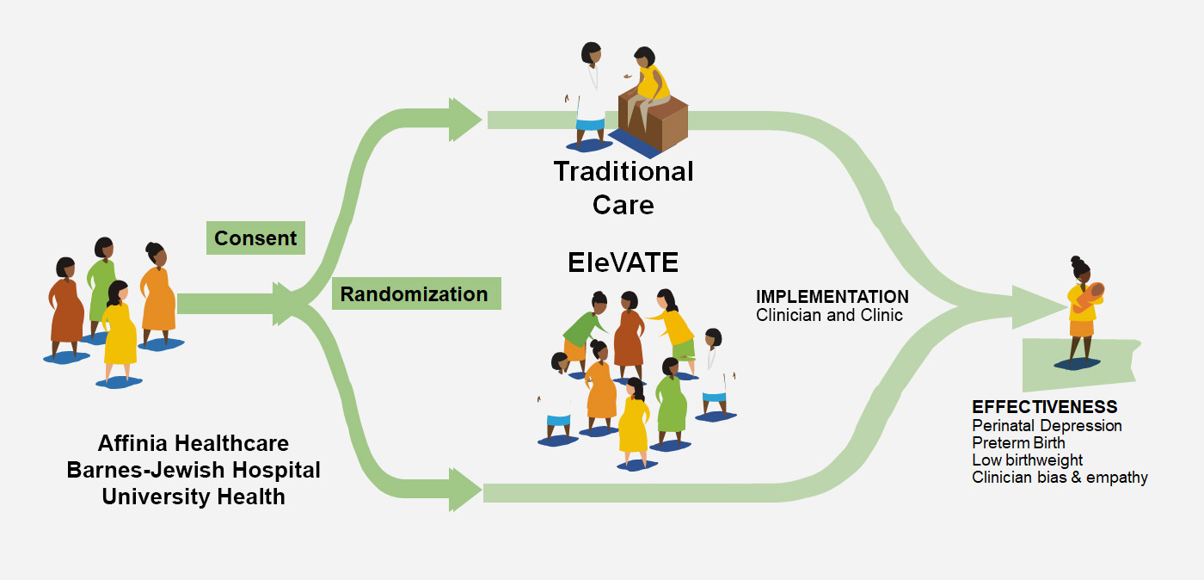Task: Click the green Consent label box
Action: coord(255,238)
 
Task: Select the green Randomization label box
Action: coord(415,294)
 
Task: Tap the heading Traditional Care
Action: coord(623,188)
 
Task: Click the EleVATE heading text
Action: coord(623,262)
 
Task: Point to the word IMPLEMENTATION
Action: coord(832,297)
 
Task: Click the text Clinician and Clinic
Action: coord(829,315)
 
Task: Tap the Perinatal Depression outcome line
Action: coord(1047,425)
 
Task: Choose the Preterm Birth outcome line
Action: coord(1018,442)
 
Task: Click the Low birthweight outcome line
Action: coord(1027,460)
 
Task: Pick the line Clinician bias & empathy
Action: coord(1060,477)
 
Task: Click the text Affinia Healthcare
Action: coord(193,444)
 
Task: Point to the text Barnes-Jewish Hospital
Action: coord(193,471)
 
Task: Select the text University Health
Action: coord(193,497)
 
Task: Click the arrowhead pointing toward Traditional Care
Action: coord(464,120)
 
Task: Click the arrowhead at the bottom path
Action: coord(464,491)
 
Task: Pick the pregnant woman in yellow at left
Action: coord(119,331)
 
